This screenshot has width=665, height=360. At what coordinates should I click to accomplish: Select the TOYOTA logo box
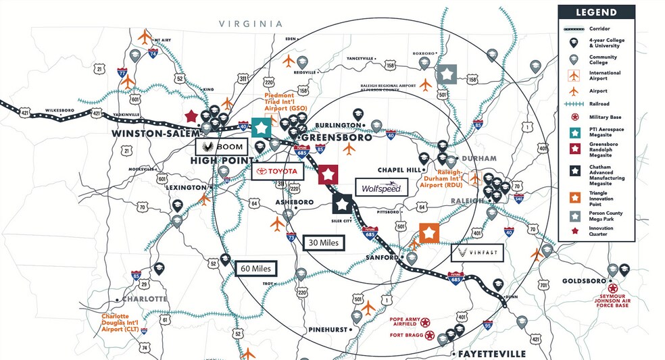277,172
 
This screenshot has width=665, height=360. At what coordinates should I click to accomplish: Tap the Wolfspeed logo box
382,187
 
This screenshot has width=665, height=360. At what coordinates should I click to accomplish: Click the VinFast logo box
477,253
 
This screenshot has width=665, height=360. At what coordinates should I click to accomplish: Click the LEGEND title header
596,12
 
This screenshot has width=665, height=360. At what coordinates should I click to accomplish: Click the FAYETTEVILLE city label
489,354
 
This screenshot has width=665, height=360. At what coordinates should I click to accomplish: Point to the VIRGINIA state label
250,24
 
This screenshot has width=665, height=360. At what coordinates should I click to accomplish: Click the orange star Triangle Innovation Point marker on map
429,233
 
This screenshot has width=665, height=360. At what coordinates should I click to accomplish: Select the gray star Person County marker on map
446,74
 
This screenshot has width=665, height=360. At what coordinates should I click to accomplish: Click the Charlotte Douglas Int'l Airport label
125,322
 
